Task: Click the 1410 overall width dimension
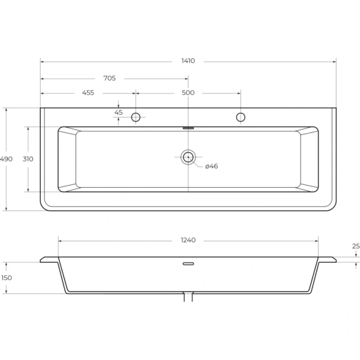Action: point(188,61)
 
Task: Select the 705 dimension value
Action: point(109,78)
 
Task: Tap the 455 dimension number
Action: point(88,93)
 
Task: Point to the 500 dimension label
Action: point(188,93)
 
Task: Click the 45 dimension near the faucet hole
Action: point(118,112)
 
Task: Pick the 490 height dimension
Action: point(6,159)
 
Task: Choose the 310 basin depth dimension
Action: point(28,159)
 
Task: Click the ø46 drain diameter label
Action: point(211,166)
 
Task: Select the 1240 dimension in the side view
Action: point(188,240)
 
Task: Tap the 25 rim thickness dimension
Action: point(356,247)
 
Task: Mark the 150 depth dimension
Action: point(6,278)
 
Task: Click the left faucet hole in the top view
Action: point(136,117)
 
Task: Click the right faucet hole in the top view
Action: point(241,117)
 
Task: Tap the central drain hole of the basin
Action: point(188,157)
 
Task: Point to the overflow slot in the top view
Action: point(188,127)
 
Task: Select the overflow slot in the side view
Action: point(188,263)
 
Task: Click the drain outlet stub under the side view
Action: point(188,296)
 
